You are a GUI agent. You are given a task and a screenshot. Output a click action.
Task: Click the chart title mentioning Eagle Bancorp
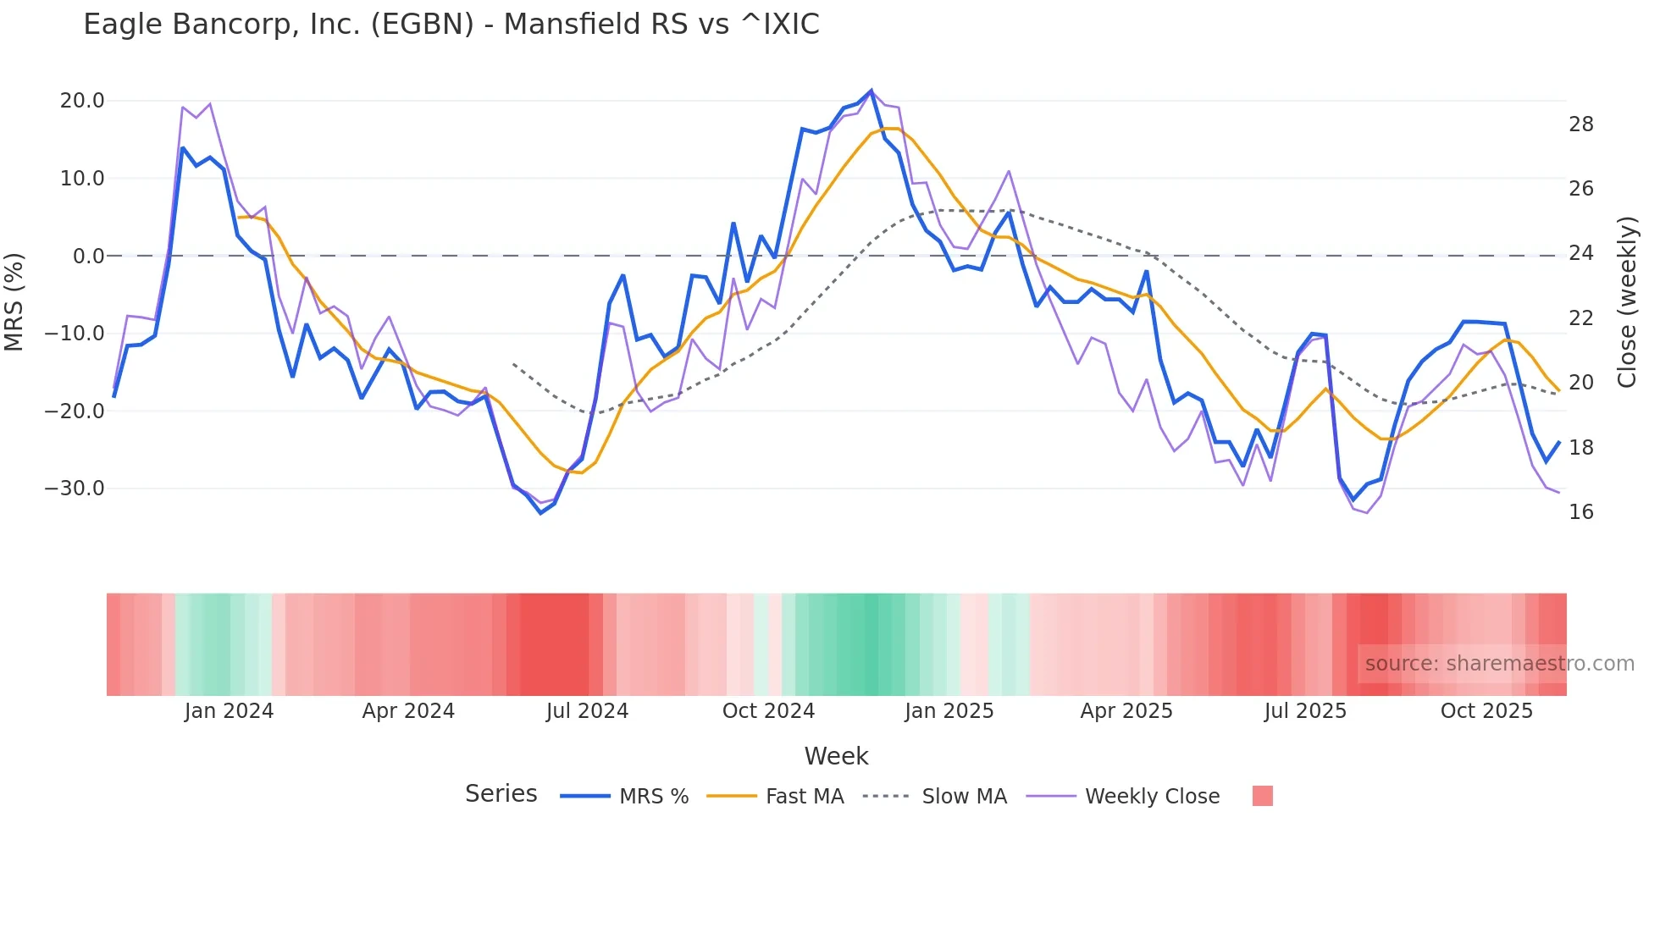(451, 25)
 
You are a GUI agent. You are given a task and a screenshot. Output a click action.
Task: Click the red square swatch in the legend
(1262, 796)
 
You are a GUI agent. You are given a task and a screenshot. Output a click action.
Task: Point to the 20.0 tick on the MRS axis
(82, 101)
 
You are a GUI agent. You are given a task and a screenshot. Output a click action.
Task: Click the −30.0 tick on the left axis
(75, 489)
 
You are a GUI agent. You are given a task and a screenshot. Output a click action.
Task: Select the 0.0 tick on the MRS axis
(89, 256)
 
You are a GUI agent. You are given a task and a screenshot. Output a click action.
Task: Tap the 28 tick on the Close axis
(1581, 124)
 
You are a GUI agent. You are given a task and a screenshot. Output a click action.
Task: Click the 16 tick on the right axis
(1581, 512)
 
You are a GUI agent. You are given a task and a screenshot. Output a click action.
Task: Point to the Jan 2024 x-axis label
(229, 711)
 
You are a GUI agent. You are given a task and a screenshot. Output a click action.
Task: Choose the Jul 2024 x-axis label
(587, 711)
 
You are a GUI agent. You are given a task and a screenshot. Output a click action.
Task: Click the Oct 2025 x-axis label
(1486, 711)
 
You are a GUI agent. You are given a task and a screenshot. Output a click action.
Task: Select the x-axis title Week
(836, 756)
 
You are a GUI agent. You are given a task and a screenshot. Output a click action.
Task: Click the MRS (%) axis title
(14, 301)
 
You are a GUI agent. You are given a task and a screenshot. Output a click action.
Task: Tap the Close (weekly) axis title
(1627, 302)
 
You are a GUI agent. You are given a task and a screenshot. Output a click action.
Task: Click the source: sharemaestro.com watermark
(1499, 664)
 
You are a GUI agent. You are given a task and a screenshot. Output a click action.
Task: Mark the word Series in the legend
(501, 794)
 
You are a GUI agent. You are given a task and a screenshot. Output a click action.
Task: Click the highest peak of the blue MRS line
(871, 91)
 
